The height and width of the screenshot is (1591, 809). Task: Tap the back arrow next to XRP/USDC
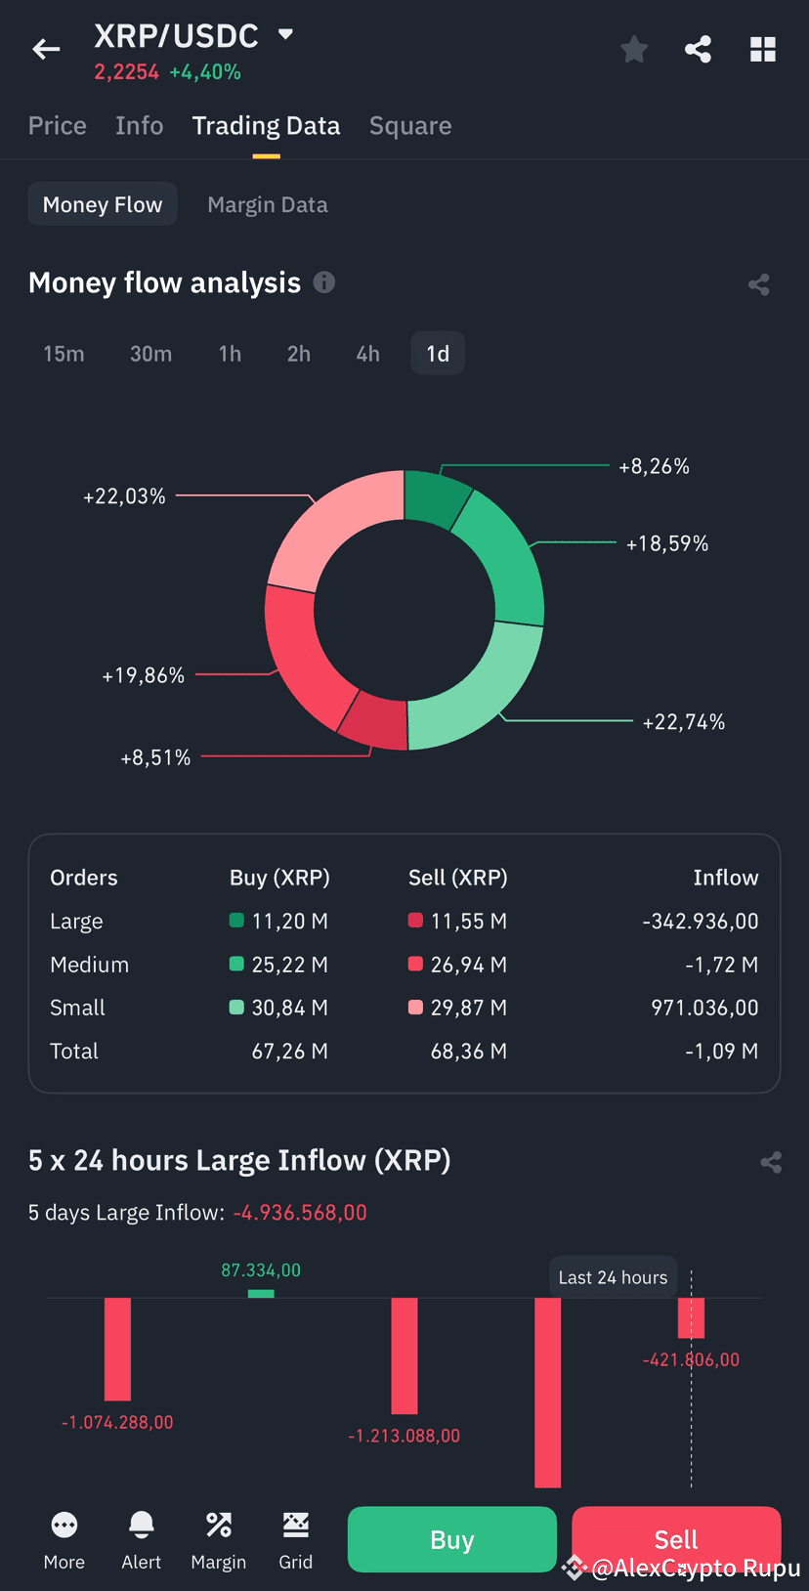pos(46,50)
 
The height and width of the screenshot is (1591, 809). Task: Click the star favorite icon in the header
pos(634,50)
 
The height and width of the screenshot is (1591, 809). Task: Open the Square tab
pos(410,126)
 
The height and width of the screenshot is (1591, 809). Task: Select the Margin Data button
pos(268,204)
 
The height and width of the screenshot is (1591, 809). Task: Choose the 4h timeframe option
pos(367,354)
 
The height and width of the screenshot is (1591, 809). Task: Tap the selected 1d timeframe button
pos(438,354)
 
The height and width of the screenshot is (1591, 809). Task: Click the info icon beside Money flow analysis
pos(324,282)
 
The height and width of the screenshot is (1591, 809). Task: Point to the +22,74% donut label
pos(683,722)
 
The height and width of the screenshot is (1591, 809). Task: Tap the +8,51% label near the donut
pos(155,757)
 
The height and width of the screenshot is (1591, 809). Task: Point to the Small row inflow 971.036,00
pos(704,1008)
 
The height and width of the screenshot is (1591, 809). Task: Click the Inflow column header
pos(725,878)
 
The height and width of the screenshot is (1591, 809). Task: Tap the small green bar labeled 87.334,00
pos(261,1293)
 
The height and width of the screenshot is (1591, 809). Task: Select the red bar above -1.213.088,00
pos(404,1355)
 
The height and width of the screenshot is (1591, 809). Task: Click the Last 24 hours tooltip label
pos(613,1277)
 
